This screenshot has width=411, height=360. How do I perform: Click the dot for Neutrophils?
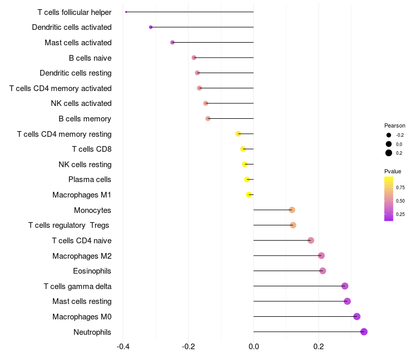coord(364,332)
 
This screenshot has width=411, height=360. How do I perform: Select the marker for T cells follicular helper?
coord(126,12)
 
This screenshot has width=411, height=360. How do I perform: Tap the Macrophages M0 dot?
coord(357,317)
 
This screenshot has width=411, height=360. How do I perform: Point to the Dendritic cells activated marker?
coord(151,27)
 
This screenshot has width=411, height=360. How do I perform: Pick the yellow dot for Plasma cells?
coord(247,179)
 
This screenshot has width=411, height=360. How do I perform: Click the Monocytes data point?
coord(292,210)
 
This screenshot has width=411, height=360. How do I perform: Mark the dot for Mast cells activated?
coord(172,42)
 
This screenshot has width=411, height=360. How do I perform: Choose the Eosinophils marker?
coord(323,271)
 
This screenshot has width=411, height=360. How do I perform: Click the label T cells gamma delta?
coord(78,286)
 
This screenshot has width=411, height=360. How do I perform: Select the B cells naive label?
coord(90,58)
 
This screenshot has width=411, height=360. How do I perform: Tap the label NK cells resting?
coord(85,165)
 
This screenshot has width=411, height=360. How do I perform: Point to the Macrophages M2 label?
coord(82,256)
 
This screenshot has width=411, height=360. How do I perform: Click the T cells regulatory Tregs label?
coord(69,225)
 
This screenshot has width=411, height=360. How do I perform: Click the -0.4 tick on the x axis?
coord(123,346)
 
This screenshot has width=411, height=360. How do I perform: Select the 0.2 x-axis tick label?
coord(319,346)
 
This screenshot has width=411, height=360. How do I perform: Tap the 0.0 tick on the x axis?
coord(254,346)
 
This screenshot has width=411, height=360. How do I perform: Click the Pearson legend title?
coord(395,125)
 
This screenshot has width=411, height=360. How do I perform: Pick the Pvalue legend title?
coord(393,171)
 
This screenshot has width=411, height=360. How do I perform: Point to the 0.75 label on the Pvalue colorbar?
coord(400,188)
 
